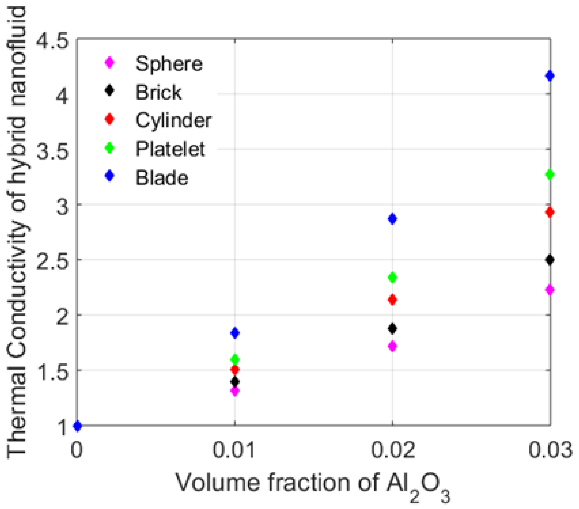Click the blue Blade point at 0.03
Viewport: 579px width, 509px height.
tap(550, 76)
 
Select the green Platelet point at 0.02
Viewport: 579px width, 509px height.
tap(392, 277)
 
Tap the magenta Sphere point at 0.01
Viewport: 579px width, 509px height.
tap(235, 392)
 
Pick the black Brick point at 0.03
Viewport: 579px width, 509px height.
tap(550, 260)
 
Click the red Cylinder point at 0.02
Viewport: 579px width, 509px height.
tap(392, 300)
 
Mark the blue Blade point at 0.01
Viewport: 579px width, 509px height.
tap(235, 333)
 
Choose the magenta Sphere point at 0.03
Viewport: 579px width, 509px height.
tap(550, 290)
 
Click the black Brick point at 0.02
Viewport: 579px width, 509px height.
tap(392, 329)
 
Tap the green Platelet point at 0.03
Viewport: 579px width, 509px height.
tap(550, 174)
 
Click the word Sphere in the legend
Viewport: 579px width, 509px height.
tap(169, 64)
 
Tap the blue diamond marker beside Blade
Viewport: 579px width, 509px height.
tap(109, 176)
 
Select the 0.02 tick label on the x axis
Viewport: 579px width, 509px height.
tap(393, 450)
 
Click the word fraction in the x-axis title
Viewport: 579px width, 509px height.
tap(309, 482)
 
